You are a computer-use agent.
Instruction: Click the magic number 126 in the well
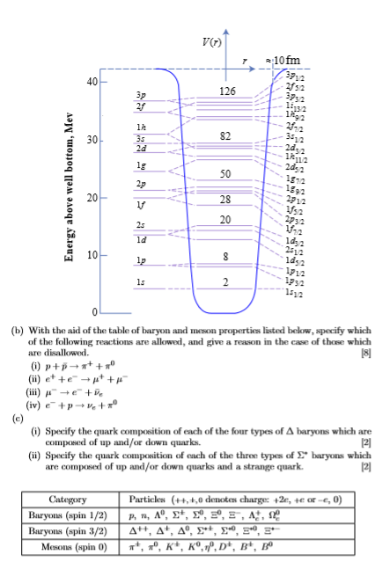pyautogui.click(x=228, y=91)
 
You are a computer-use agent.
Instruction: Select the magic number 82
pyautogui.click(x=225, y=137)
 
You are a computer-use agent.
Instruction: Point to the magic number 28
pyautogui.click(x=225, y=201)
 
